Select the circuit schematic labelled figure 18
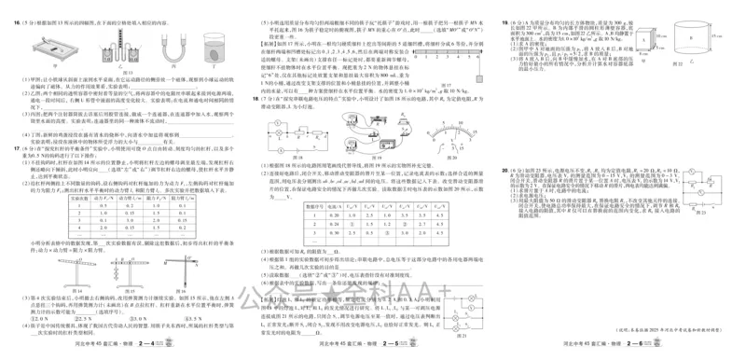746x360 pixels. coord(293,127)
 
